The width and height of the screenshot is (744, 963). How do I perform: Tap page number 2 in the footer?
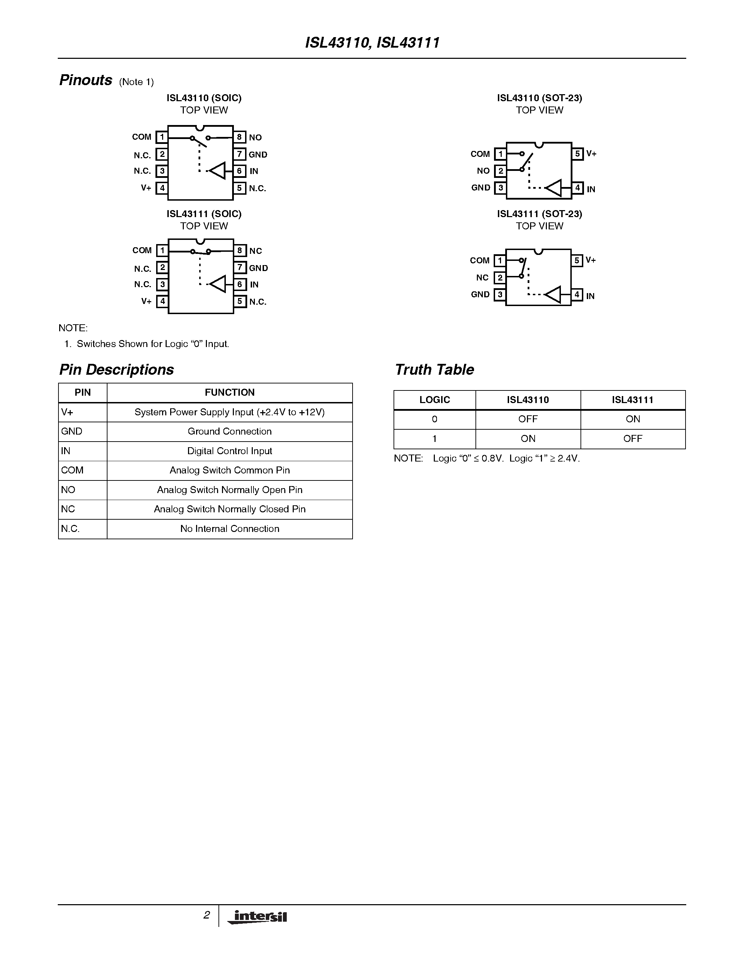pyautogui.click(x=206, y=915)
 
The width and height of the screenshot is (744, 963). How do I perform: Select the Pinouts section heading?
pyautogui.click(x=86, y=80)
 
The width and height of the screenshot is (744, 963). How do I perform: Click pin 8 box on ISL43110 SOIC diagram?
pyautogui.click(x=239, y=137)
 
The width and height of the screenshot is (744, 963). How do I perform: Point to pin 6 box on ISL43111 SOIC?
pyautogui.click(x=240, y=284)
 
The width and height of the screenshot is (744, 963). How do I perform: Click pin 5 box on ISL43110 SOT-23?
pyautogui.click(x=577, y=154)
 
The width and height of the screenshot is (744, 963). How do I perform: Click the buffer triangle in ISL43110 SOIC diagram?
pyautogui.click(x=218, y=171)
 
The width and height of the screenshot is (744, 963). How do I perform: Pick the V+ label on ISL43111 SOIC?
pyautogui.click(x=146, y=302)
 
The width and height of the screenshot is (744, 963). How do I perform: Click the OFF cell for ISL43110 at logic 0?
pyautogui.click(x=528, y=419)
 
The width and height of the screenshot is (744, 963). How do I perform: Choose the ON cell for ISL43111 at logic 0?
pyautogui.click(x=633, y=419)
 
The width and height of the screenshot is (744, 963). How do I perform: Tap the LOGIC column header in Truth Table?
pyautogui.click(x=434, y=400)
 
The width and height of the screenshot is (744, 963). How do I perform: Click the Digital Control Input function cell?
pyautogui.click(x=230, y=451)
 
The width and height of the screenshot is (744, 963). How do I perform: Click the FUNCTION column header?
pyautogui.click(x=230, y=393)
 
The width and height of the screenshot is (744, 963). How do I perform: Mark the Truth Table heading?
pyautogui.click(x=434, y=369)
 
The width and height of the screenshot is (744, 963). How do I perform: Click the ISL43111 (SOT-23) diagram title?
pyautogui.click(x=540, y=214)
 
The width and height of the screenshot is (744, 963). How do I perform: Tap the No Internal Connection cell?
pyautogui.click(x=230, y=529)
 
